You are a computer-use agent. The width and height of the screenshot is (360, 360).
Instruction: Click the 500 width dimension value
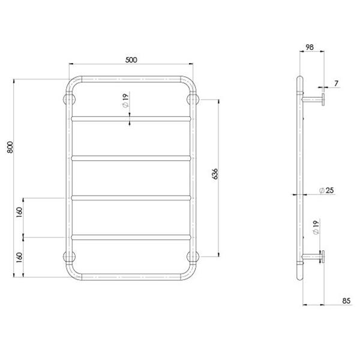click(x=131, y=59)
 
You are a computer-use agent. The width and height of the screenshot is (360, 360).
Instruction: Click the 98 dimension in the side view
click(x=310, y=47)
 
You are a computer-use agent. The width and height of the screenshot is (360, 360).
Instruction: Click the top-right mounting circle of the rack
click(x=194, y=99)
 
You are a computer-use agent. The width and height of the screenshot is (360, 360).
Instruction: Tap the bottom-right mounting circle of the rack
click(x=194, y=257)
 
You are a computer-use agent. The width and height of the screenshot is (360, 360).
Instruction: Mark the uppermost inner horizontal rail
click(x=131, y=118)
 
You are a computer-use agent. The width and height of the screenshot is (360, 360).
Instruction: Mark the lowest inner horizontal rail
click(x=131, y=237)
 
